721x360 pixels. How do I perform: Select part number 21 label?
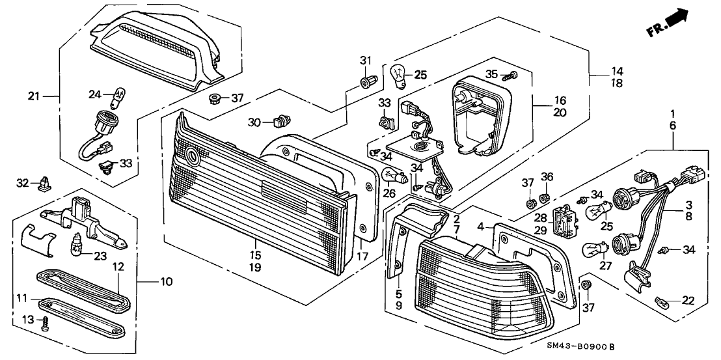[x=33, y=97]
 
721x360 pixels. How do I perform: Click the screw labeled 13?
[x=45, y=324]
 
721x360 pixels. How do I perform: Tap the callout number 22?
[x=687, y=300]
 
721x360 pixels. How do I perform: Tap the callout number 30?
[x=254, y=122]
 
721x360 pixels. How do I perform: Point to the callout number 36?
[x=547, y=176]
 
